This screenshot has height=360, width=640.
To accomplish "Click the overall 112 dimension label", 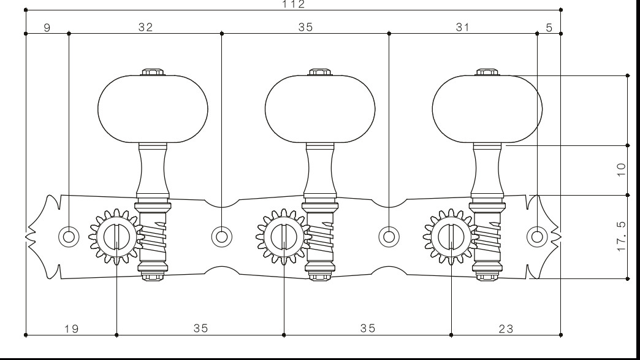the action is coord(294,4).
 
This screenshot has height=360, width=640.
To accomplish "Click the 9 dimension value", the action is coord(47,28).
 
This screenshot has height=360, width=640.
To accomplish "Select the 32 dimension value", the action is coord(146,28).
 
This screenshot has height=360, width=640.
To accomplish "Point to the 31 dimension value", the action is coord(462,28).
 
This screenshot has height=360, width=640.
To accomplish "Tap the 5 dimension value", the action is coord(549,28).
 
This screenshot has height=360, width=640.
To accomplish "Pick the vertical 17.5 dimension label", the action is coord(621,237).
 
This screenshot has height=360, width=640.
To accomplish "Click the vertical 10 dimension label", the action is coord(621,169).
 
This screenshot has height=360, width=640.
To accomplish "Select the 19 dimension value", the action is coord(72,329).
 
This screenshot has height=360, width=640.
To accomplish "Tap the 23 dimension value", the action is coord(506,329).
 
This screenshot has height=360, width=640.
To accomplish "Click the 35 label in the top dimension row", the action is coord(305,28).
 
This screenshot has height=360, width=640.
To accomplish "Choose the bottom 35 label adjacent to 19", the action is coord(201,328).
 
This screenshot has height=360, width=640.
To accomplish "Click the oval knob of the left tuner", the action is coord(153,109).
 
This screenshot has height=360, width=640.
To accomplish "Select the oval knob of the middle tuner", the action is coord(320,109).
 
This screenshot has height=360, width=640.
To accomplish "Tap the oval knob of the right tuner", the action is coord(487,109).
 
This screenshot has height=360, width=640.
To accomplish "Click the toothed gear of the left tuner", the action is coord(116,237).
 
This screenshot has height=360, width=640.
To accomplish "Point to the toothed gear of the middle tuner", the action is coord(284,237).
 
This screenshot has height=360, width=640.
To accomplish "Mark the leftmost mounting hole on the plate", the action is coord(69,237).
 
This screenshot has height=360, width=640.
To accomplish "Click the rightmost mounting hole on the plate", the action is coord(537,237).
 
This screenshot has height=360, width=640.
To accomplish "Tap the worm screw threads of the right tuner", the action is coord(488,236).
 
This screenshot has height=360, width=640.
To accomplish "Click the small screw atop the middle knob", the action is coord(320,72).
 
